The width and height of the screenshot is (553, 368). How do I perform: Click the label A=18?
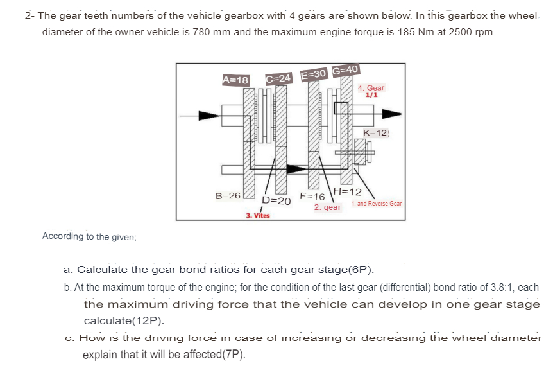coord(235,80)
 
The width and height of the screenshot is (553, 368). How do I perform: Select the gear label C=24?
coord(278,78)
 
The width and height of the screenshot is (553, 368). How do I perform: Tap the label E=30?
coord(314,74)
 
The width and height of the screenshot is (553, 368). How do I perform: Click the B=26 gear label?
coord(228,195)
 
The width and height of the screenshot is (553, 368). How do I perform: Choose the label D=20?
coord(276,200)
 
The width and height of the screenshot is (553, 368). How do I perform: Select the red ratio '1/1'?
coord(370,95)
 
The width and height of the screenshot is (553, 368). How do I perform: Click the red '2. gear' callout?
coord(327,207)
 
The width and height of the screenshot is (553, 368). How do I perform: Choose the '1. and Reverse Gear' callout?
coord(377,204)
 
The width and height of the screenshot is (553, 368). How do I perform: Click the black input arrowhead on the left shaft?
coord(208,116)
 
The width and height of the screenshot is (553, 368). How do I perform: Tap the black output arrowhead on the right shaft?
coord(392,114)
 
